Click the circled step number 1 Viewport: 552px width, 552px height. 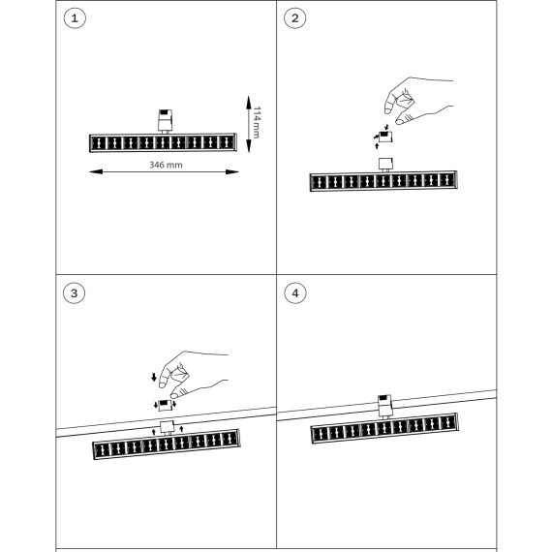pyautogui.click(x=75, y=18)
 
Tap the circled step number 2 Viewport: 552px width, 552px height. pyautogui.click(x=295, y=18)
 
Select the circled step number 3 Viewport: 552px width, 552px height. pyautogui.click(x=74, y=292)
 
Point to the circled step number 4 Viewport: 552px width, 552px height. pyautogui.click(x=295, y=292)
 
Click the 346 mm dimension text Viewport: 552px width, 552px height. pyautogui.click(x=166, y=165)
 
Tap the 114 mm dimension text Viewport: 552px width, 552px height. pyautogui.click(x=257, y=122)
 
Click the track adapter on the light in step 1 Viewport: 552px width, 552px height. pyautogui.click(x=165, y=121)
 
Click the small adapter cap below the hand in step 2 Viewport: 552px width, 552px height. pyautogui.click(x=385, y=137)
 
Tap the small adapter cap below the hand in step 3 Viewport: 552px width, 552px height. pyautogui.click(x=165, y=405)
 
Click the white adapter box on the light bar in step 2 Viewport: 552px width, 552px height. pyautogui.click(x=385, y=165)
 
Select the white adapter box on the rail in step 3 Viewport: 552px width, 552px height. pyautogui.click(x=168, y=427)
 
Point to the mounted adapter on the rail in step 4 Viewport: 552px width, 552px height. pyautogui.click(x=385, y=407)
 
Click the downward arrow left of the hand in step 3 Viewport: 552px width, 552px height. pyautogui.click(x=154, y=378)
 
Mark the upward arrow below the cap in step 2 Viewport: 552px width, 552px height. pyautogui.click(x=377, y=145)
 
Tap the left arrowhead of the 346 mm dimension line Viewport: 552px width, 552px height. pyautogui.click(x=96, y=171)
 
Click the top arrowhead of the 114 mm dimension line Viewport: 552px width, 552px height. pyautogui.click(x=249, y=103)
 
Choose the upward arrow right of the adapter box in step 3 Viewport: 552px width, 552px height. pyautogui.click(x=182, y=429)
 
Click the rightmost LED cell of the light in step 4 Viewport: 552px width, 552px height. pyautogui.click(x=447, y=422)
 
